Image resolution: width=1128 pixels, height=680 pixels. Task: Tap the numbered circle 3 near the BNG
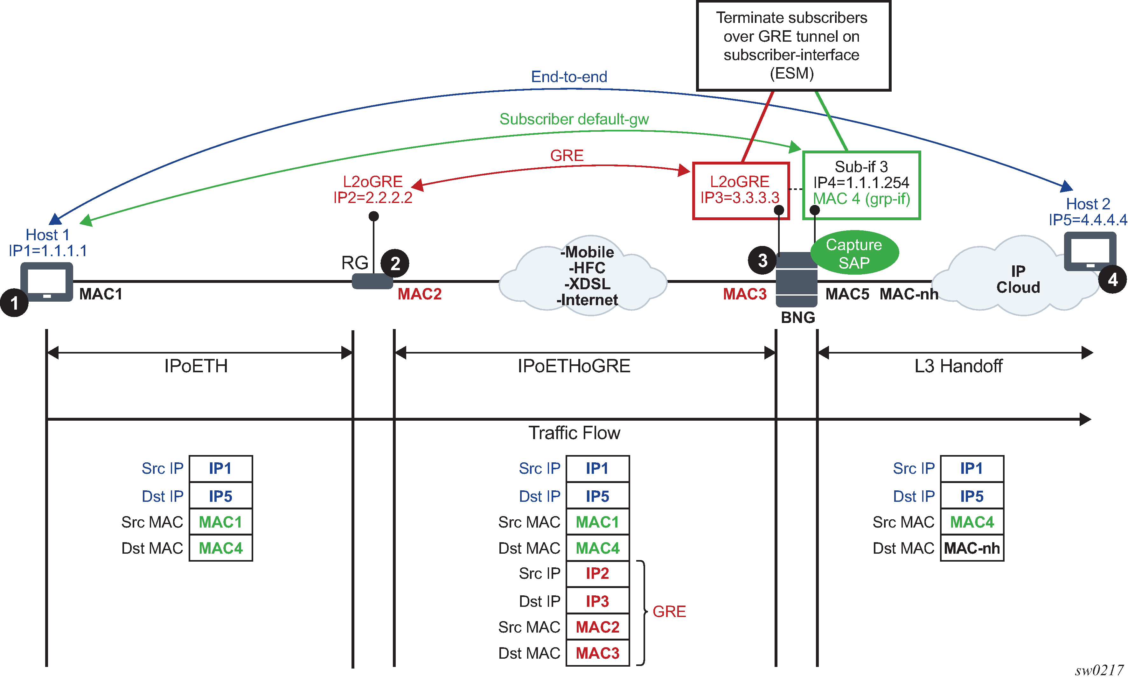(762, 261)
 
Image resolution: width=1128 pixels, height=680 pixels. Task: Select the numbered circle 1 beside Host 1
(14, 303)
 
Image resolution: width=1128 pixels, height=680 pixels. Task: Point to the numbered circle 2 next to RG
(395, 263)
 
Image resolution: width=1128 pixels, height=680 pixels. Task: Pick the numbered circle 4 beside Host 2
(1112, 279)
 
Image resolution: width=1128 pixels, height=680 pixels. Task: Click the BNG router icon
(797, 279)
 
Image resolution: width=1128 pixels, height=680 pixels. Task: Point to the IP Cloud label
(1018, 279)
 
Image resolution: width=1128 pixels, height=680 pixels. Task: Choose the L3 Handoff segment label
(958, 366)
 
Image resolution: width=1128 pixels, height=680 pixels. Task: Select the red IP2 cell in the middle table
(597, 574)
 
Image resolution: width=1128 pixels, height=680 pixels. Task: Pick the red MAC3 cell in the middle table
(597, 653)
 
